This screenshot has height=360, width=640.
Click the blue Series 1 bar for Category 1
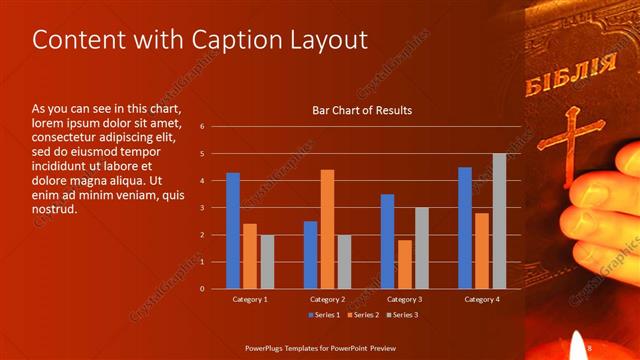click(x=233, y=230)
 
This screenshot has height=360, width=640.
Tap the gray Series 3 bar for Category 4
click(x=499, y=221)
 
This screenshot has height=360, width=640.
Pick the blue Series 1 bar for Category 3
click(x=387, y=241)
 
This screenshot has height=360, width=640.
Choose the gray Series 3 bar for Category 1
click(x=267, y=261)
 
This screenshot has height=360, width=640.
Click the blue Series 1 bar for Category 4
click(x=464, y=227)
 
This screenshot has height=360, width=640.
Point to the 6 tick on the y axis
click(x=202, y=127)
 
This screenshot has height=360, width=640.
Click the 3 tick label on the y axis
click(x=202, y=208)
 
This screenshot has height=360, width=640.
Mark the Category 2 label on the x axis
click(x=327, y=299)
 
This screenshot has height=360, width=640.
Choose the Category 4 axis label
click(x=482, y=299)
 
